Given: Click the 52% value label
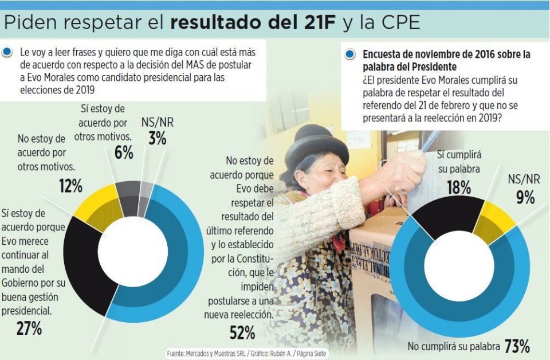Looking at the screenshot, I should pyautogui.click(x=242, y=332).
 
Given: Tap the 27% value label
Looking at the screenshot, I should pyautogui.click(x=29, y=328).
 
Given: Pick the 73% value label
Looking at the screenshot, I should pyautogui.click(x=517, y=346).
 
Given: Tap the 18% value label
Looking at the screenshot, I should pyautogui.click(x=458, y=187).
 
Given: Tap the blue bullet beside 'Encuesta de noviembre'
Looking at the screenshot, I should pyautogui.click(x=349, y=55).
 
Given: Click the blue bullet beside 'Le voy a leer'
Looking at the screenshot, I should pyautogui.click(x=7, y=52).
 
